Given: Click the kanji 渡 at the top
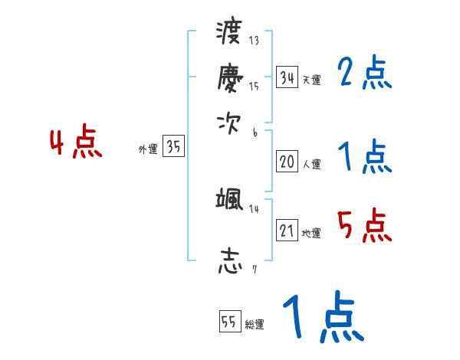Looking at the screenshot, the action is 230,34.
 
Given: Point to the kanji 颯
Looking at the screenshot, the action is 230,201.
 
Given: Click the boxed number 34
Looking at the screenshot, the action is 287,77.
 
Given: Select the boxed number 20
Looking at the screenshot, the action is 287,162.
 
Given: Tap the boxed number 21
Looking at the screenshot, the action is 287,231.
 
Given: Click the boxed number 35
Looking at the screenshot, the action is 174,148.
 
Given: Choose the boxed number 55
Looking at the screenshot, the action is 229,322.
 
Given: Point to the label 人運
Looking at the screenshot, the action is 311,164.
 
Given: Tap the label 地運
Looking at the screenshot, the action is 311,233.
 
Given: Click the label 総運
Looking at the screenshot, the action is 255,325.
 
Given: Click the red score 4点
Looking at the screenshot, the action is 76,143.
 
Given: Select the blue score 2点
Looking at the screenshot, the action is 364,74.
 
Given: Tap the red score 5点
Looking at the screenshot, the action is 364,226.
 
